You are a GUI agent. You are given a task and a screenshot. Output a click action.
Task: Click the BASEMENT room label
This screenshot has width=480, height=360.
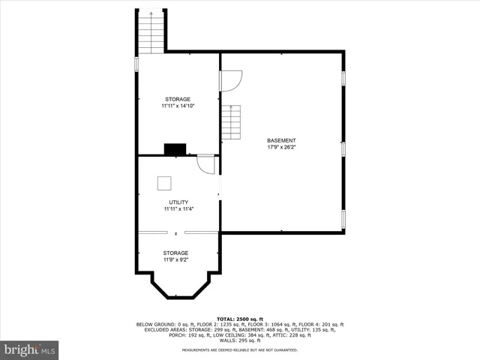pyautogui.click(x=281, y=140)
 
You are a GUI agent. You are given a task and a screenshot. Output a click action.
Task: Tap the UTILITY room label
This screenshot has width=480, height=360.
pyautogui.click(x=178, y=202)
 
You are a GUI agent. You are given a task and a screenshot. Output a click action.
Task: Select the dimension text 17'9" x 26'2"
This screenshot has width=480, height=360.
pyautogui.click(x=281, y=147)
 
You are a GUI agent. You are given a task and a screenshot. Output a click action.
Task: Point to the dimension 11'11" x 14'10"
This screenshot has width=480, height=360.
pyautogui.click(x=178, y=106)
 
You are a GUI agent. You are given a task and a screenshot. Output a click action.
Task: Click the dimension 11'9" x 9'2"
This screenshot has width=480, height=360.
pyautogui.click(x=175, y=259)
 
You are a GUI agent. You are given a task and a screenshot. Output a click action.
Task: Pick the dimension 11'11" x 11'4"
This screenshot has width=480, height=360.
pyautogui.click(x=178, y=208)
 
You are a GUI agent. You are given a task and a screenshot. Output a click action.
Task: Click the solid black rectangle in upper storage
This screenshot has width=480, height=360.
pyautogui.click(x=176, y=149)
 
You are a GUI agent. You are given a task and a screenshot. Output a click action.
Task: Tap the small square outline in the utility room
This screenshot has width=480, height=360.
pyautogui.click(x=163, y=182)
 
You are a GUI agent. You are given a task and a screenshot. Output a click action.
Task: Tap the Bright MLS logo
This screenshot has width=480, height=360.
pyautogui.click(x=30, y=349)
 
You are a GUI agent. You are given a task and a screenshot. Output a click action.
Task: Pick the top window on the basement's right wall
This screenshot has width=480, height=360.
pyautogui.click(x=343, y=78)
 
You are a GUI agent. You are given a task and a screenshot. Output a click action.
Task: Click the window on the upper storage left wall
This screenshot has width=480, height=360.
pyautogui.click(x=136, y=64)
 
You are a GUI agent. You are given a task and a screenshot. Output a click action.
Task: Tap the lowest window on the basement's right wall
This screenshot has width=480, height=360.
pyautogui.click(x=343, y=219)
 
